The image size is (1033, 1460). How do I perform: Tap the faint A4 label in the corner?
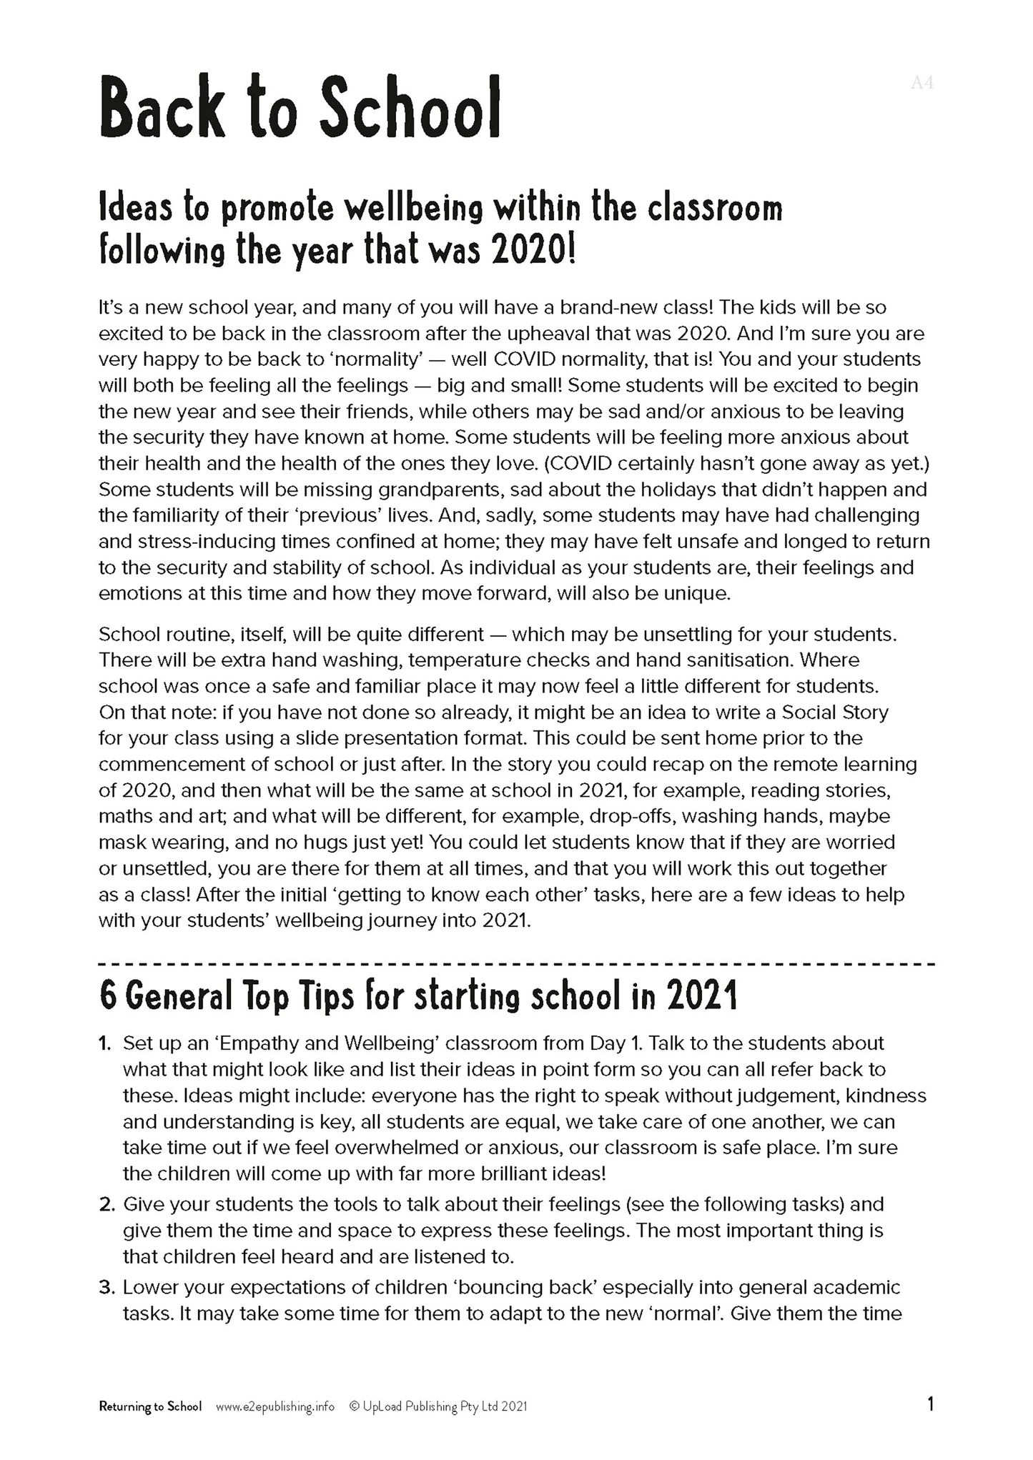pyautogui.click(x=922, y=83)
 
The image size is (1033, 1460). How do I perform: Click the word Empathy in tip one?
pyautogui.click(x=258, y=1043)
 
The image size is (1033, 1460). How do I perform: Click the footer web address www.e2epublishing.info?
pyautogui.click(x=275, y=1406)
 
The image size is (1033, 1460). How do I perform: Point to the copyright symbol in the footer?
pyautogui.click(x=353, y=1406)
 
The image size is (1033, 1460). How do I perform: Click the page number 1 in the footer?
pyautogui.click(x=930, y=1405)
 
